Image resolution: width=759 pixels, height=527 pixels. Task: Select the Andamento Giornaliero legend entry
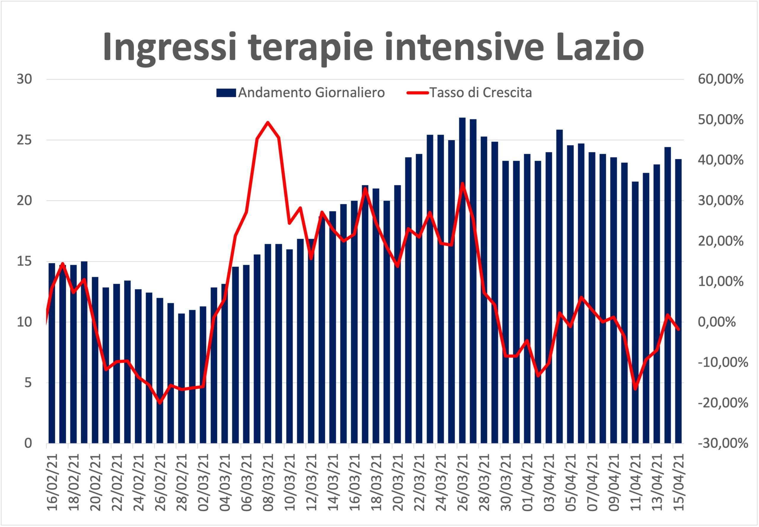301,93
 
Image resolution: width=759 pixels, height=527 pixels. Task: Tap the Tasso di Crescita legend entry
469,93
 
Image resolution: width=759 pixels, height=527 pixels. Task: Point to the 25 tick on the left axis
24,140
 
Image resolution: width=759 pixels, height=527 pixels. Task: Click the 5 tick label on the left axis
28,383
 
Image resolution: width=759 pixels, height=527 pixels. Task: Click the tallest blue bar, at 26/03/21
463,280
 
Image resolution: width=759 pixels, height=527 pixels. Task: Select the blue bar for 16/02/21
52,353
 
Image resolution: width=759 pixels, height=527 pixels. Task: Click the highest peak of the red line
268,122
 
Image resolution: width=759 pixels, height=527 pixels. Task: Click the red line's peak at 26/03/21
463,183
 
